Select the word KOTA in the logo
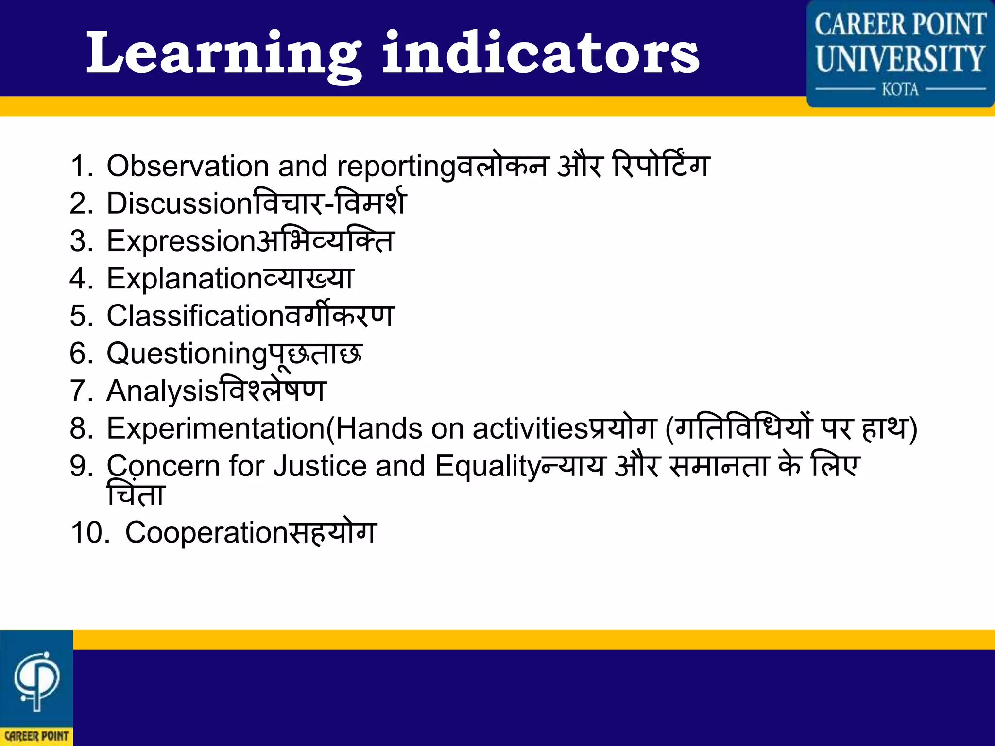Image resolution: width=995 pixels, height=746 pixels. pos(900,90)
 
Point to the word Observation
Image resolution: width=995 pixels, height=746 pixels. pos(187,166)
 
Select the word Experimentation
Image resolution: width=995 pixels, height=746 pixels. pos(216,429)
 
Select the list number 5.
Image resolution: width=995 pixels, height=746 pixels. pos(79,316)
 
